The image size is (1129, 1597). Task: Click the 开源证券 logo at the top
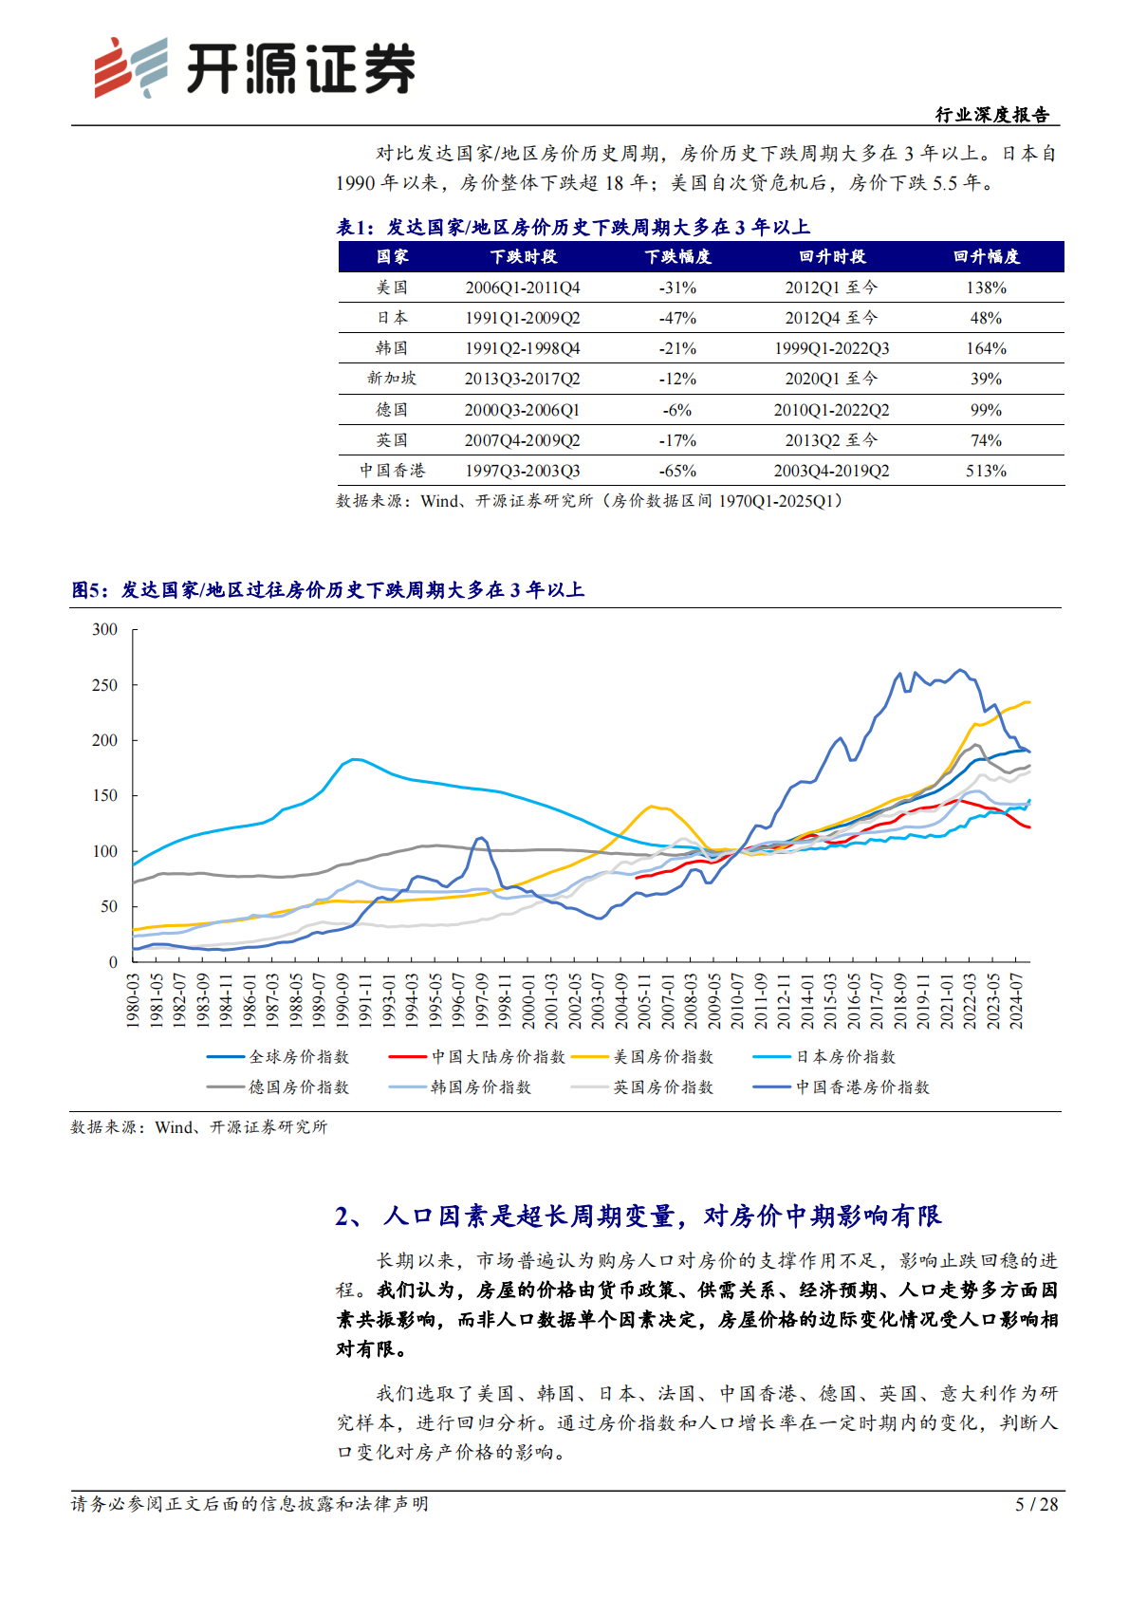254,68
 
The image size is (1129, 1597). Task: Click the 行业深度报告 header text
992,115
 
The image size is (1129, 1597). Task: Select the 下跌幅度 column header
677,257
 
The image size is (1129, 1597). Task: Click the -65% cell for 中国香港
677,471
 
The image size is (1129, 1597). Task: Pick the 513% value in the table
986,471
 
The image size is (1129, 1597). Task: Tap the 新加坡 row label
392,379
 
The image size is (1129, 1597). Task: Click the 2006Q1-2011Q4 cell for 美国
522,288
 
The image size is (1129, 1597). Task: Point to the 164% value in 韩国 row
986,348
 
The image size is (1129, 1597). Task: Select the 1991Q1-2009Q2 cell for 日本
522,318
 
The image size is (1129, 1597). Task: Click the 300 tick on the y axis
105,630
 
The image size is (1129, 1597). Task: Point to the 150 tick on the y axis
105,796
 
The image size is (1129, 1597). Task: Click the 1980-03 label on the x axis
134,1000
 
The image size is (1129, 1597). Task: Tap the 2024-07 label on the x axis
1016,1000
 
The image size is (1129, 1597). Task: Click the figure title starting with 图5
328,590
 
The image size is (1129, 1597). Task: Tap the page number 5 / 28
1036,1504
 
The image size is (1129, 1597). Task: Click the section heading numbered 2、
638,1216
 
